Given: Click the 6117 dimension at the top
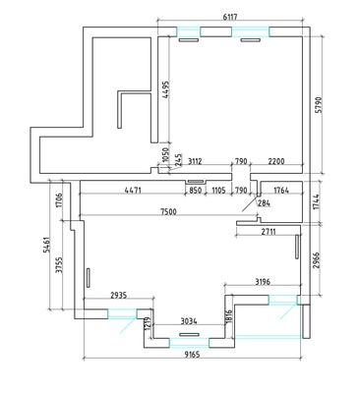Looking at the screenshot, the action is coord(230,18).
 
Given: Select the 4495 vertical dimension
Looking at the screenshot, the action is coord(166,90).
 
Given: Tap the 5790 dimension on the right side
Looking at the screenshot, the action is coord(318,105).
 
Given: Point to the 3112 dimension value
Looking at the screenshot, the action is coord(195,161).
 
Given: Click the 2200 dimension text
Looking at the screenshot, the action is coord(276,161).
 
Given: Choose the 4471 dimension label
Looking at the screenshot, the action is coord(133,190).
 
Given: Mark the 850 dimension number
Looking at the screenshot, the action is coord(195,190).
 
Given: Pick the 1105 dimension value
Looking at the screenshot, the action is coord(218,190).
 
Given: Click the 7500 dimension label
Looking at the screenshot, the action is coord(168,212).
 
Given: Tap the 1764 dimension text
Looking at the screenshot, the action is coord(280,190).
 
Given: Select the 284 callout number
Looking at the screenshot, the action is coord(264,203).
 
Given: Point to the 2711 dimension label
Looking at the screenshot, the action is coord(269,232).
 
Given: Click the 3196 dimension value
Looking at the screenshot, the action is coord(263,281).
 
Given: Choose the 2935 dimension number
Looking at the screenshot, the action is coord(118,296).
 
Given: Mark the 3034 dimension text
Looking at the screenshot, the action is coord(189,321).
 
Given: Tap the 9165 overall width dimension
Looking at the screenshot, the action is coord(192,355).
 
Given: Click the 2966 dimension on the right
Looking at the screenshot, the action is coord(316,260).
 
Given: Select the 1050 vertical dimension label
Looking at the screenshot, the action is coord(165,155).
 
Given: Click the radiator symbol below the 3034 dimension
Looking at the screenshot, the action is coord(189,335).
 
